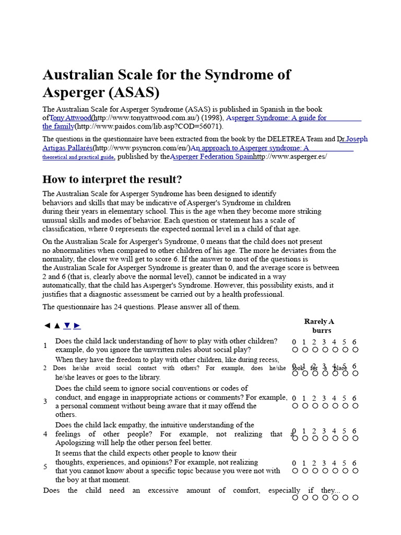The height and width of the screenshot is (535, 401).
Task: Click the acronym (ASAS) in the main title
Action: click(x=133, y=92)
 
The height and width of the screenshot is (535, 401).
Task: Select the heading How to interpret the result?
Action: click(x=112, y=180)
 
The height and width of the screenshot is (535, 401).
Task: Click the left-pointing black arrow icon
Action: click(x=47, y=325)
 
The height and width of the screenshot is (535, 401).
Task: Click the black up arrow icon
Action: click(x=57, y=325)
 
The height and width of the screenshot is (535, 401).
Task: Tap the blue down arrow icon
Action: click(x=67, y=325)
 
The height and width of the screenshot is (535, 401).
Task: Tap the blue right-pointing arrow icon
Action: click(x=77, y=325)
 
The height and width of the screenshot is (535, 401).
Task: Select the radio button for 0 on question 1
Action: click(x=294, y=350)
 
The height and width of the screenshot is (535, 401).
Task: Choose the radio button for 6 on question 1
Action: click(x=355, y=350)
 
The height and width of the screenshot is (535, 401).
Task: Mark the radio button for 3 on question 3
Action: click(x=325, y=405)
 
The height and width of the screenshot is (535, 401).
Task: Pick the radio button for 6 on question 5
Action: click(x=355, y=471)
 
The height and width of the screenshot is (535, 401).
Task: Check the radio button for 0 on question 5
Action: click(x=294, y=471)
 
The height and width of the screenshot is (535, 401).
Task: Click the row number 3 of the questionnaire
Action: click(x=45, y=401)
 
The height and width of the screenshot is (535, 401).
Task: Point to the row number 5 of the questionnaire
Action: click(x=45, y=467)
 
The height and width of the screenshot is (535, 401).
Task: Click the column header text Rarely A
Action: click(x=319, y=321)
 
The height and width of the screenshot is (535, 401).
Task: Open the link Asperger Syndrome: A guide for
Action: click(x=277, y=118)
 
